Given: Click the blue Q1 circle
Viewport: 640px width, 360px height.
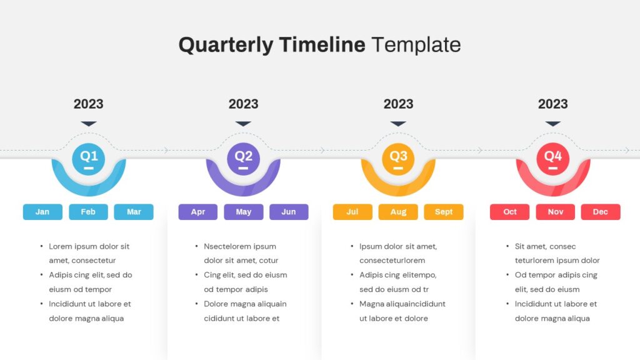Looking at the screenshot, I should pyautogui.click(x=89, y=158).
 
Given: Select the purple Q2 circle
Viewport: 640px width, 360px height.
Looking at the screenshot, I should pyautogui.click(x=243, y=158).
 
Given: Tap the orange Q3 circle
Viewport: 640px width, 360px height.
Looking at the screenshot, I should pyautogui.click(x=398, y=158).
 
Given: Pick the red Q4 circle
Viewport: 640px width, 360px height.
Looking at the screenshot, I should pyautogui.click(x=553, y=158).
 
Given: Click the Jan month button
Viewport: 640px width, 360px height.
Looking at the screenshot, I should pyautogui.click(x=42, y=212).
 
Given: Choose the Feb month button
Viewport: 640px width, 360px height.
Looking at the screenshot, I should pyautogui.click(x=88, y=212).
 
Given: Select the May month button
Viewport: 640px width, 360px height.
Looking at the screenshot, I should pyautogui.click(x=244, y=212).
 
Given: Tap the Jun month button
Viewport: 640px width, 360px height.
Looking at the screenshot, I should pyautogui.click(x=289, y=212).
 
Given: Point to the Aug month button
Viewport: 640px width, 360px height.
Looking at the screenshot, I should pyautogui.click(x=398, y=212).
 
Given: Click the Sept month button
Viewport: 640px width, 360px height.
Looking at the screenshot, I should pyautogui.click(x=444, y=212).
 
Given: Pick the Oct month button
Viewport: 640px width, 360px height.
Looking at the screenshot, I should pyautogui.click(x=510, y=212).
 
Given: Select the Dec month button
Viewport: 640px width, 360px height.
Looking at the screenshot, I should pyautogui.click(x=601, y=212).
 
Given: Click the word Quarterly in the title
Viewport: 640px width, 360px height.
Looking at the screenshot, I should pyautogui.click(x=226, y=45).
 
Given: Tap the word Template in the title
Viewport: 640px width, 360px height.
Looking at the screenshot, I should pyautogui.click(x=416, y=45).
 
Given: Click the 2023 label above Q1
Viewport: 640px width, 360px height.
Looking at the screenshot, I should pyautogui.click(x=89, y=104).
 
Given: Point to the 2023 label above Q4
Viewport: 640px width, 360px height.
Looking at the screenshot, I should pyautogui.click(x=553, y=104).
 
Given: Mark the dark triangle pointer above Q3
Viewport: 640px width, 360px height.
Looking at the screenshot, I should pyautogui.click(x=398, y=124).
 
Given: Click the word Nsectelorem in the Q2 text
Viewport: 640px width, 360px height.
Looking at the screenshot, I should pyautogui.click(x=228, y=246).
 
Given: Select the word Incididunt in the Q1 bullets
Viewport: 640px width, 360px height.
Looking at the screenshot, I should pyautogui.click(x=71, y=304).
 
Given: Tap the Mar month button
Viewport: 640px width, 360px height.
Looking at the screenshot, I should pyautogui.click(x=134, y=212).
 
